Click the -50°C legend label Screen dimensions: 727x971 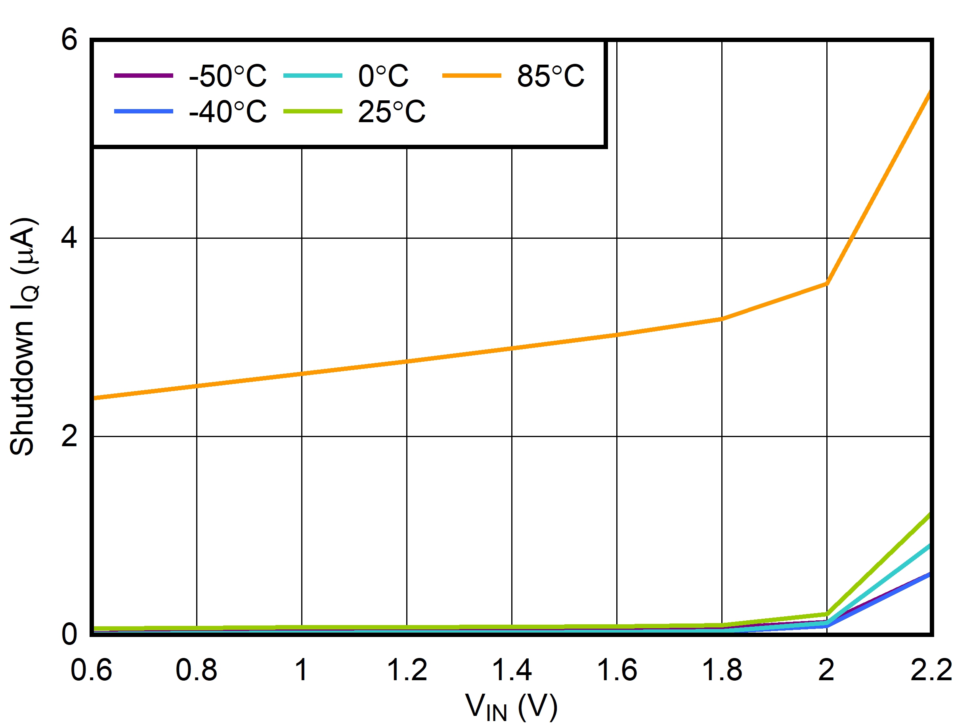[x=227, y=76]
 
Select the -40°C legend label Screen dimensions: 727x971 [x=227, y=111]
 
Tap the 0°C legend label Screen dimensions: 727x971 [x=383, y=76]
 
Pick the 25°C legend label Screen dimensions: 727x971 [x=392, y=111]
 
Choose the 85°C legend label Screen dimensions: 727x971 [x=550, y=76]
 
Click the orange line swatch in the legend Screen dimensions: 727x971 [x=472, y=75]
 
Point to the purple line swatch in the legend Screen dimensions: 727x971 [x=143, y=75]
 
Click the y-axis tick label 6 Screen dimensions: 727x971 [x=69, y=40]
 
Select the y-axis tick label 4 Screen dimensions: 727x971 [x=69, y=238]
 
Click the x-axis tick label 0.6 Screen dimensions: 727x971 [x=91, y=670]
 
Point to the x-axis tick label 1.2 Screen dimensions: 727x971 [x=407, y=670]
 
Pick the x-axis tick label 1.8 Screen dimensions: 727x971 [x=722, y=670]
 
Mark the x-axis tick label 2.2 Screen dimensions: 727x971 [x=931, y=670]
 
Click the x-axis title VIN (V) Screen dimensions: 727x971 [x=511, y=707]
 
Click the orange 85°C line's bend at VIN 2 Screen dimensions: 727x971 [x=827, y=284]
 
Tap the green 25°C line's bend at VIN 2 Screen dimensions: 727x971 [x=827, y=614]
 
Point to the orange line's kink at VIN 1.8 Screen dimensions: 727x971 [x=722, y=319]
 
